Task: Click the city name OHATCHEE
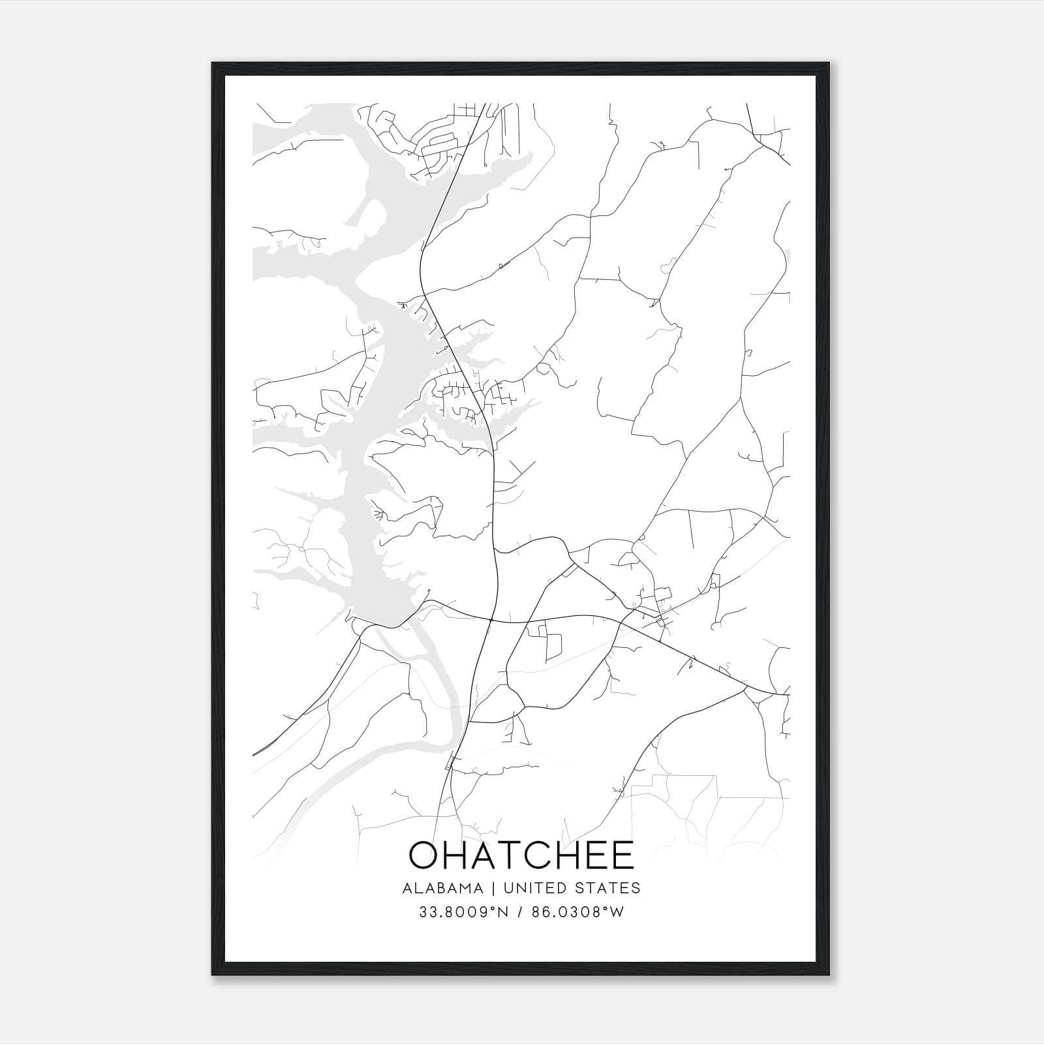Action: pos(521,855)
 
